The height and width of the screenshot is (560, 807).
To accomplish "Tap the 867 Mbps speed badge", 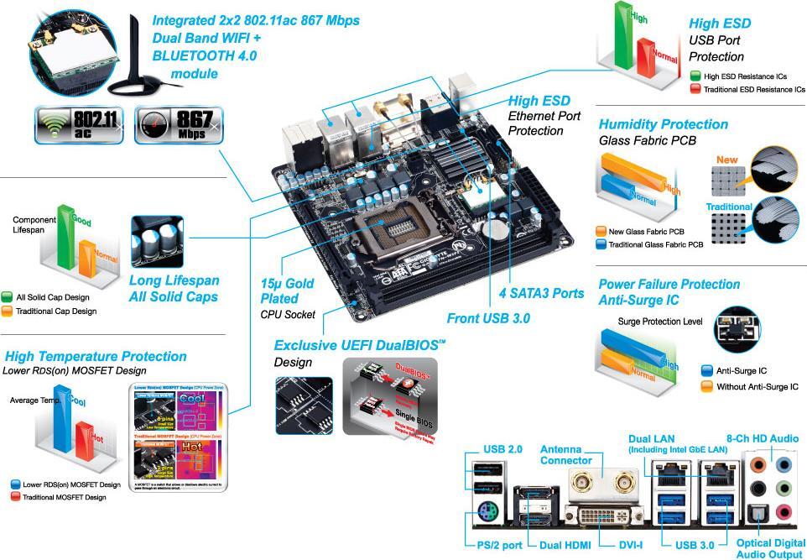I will tap(179, 125).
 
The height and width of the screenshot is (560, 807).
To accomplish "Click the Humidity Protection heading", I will tap(663, 124).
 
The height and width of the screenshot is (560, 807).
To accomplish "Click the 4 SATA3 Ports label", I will tap(542, 293).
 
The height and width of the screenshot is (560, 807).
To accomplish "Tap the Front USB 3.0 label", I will tap(487, 318).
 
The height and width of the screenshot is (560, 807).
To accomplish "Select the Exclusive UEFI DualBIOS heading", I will tap(359, 345).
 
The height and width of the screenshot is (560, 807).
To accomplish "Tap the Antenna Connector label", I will tap(565, 454).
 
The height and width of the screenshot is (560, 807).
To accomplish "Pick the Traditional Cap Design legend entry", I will tap(49, 311).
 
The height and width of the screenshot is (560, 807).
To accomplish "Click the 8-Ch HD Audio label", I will tap(762, 438).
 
